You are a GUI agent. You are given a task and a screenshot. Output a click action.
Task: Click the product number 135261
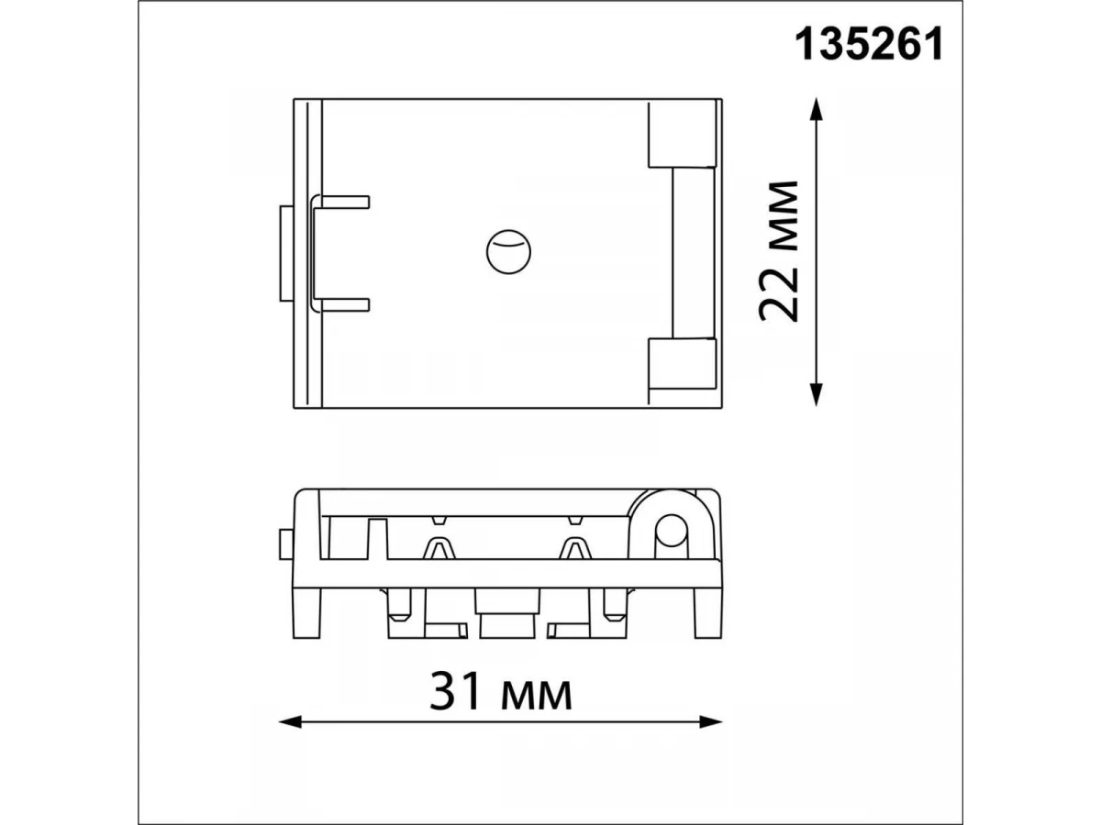pos(869,44)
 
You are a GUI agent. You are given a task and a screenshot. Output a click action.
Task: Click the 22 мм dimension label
pos(778,251)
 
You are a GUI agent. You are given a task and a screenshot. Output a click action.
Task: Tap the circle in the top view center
pos(508,252)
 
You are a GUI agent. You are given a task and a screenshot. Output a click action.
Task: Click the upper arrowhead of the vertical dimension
pos(816,110)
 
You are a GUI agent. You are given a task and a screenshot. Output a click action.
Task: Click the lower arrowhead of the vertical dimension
pos(816,394)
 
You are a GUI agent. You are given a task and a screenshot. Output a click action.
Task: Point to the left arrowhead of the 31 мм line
pos(291,721)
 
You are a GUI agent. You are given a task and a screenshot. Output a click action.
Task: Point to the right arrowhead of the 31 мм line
pos(711,721)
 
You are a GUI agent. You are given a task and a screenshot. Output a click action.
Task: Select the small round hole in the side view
pos(671,531)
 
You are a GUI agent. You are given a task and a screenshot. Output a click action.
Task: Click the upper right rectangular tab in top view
pos(683,133)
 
